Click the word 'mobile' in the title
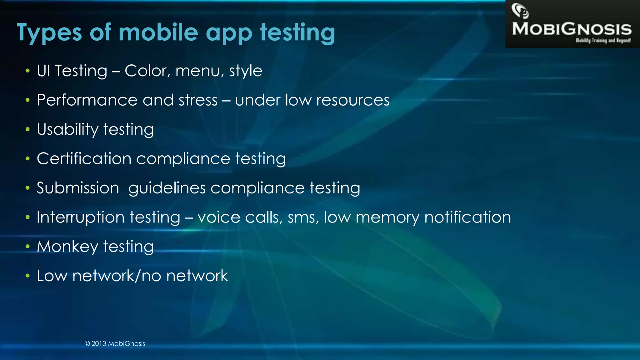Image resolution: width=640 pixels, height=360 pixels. coord(158,32)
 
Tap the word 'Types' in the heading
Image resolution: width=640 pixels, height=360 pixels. coord(49,33)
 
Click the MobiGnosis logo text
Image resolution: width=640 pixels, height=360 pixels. coord(572,29)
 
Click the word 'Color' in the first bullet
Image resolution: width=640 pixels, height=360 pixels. coord(146,71)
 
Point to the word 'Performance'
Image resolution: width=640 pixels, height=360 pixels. coord(87,100)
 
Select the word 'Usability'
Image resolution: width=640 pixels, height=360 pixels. coord(67,129)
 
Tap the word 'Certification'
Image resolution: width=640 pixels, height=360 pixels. coord(84,159)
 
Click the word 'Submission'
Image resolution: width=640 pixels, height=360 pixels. coord(78,188)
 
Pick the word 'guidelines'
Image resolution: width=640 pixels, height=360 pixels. coord(167,188)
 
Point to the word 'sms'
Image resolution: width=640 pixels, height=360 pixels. coord(301,217)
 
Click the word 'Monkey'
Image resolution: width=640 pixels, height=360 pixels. coord(67,247)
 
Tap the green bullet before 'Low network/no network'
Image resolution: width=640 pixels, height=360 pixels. coord(28,276)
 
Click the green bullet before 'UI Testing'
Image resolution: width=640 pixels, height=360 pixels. coord(28,71)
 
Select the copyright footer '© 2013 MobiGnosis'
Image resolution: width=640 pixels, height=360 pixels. coord(115,344)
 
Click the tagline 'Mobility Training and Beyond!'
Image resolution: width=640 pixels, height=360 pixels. coord(603,40)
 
